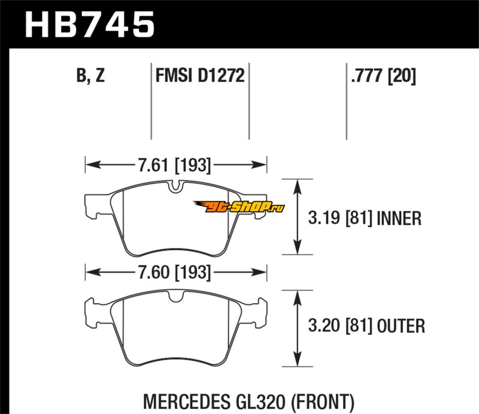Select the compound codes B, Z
(x=91, y=77)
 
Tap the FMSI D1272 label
(x=200, y=77)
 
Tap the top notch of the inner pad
(x=175, y=188)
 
